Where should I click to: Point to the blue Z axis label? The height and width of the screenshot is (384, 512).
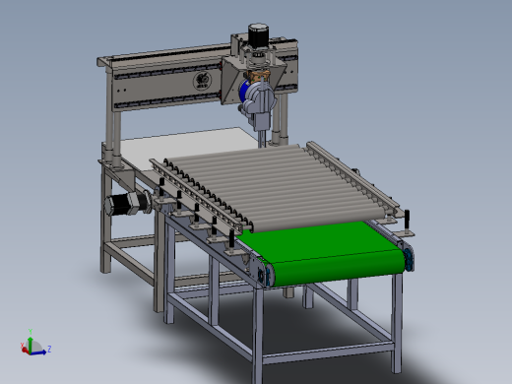tap(48, 349)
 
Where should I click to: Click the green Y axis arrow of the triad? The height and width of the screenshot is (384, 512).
tap(31, 340)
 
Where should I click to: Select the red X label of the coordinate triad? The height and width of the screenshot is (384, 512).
tap(23, 345)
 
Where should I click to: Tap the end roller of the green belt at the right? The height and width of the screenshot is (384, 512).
tap(406, 258)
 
